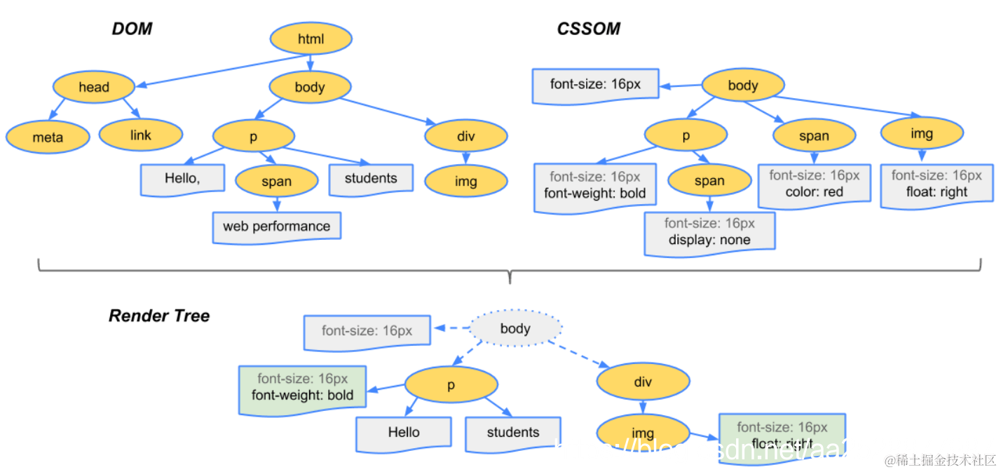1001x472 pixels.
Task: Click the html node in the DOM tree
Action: pos(311,40)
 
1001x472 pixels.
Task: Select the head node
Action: pos(94,88)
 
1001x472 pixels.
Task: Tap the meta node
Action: pos(48,137)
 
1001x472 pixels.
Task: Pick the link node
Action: pos(141,135)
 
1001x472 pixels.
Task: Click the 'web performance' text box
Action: pos(277,227)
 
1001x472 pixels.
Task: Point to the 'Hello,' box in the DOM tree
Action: pos(182,178)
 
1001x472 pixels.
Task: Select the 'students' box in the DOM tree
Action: pos(371,178)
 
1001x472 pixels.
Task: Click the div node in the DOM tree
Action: pos(465,137)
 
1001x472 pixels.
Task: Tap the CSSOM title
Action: pos(588,29)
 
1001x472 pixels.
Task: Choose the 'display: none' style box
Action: pos(709,231)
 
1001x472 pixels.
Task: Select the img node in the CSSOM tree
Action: pos(922,134)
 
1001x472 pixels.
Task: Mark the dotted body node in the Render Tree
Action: pos(515,329)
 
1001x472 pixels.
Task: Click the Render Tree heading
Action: pos(159,316)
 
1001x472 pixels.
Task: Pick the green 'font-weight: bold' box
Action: pos(302,386)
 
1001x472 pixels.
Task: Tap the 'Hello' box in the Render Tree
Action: pos(404,433)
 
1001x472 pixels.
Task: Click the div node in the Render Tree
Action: pos(643,382)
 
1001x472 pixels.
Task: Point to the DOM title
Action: pos(132,29)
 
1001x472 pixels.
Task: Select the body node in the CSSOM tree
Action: pos(743,86)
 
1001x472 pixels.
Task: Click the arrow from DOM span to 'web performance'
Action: pos(277,205)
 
